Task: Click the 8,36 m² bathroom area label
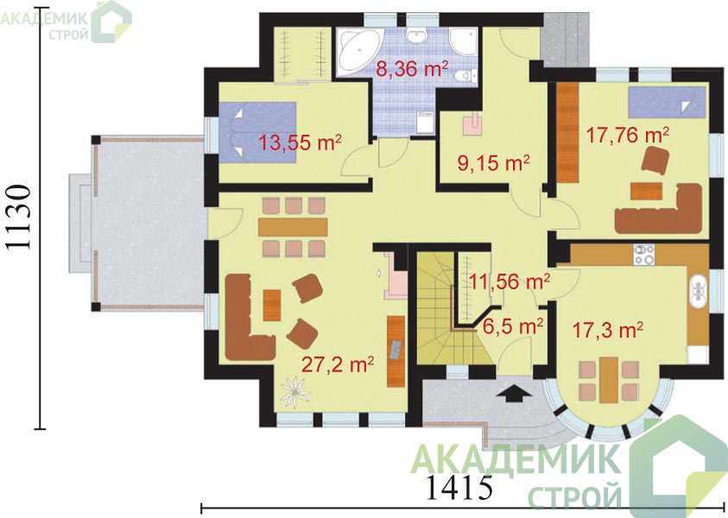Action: tap(412, 69)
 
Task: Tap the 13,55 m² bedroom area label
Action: tap(300, 142)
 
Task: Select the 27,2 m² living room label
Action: tap(338, 365)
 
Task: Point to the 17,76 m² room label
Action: tap(627, 135)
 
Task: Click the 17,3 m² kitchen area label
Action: tap(607, 331)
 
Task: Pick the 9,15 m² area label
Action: tap(493, 163)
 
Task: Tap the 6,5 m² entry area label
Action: tap(513, 326)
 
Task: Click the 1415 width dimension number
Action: tap(459, 487)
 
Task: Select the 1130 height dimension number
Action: tap(20, 218)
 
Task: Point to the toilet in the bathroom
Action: tap(465, 76)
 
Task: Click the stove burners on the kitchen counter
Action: tap(644, 254)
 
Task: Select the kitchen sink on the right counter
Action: tap(699, 291)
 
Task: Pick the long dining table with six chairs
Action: tap(294, 227)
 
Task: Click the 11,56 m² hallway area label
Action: tap(510, 281)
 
